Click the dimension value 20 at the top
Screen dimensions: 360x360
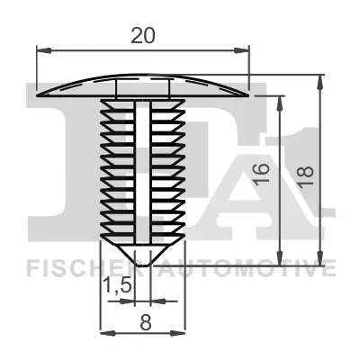click(x=142, y=35)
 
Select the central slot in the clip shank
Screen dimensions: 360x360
click(x=142, y=171)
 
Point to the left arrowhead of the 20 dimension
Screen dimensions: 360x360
click(x=40, y=52)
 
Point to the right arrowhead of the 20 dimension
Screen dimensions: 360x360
click(x=245, y=52)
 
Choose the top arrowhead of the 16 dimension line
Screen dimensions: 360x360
click(x=283, y=100)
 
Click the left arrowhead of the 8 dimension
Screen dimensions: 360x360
click(x=102, y=332)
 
